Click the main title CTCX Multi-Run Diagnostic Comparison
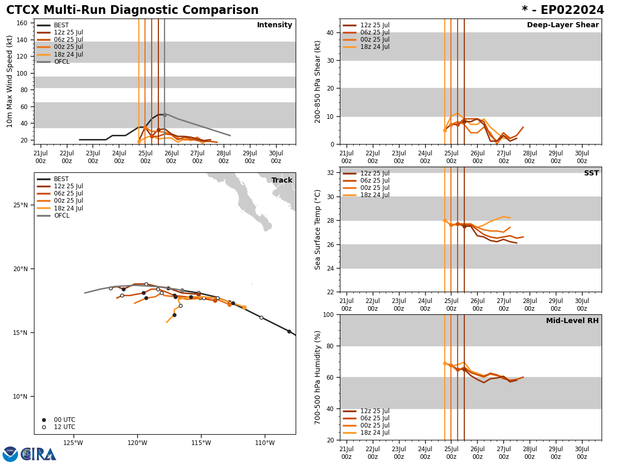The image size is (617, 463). (x=132, y=10)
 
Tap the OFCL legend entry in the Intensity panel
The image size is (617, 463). (x=61, y=62)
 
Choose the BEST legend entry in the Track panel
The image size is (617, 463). (x=61, y=179)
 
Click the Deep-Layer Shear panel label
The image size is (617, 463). (x=562, y=25)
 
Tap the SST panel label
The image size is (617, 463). (x=591, y=173)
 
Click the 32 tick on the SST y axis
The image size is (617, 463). (x=331, y=173)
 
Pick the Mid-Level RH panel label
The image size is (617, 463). (x=572, y=321)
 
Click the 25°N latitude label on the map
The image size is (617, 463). (x=21, y=205)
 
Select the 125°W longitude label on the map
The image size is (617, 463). (x=73, y=443)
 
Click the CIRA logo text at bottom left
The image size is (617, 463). (x=39, y=454)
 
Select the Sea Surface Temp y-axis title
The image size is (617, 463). (x=318, y=229)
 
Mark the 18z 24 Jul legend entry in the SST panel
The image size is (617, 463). (x=374, y=195)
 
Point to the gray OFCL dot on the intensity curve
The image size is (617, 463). (x=165, y=115)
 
